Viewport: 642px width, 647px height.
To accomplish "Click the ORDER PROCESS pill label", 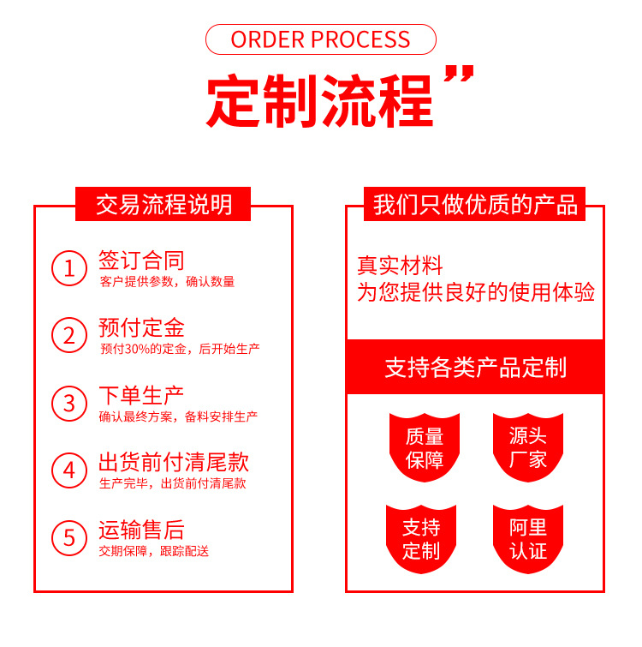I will [321, 39].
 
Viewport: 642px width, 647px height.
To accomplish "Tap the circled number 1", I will [69, 268].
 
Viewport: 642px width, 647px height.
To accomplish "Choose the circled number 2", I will [69, 335].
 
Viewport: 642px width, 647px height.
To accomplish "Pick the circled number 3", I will [69, 403].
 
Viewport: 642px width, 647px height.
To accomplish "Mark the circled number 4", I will [69, 470].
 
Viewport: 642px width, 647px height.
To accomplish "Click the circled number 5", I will [69, 537].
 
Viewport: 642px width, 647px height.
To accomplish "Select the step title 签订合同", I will [141, 261].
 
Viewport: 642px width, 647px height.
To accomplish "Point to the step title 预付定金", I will [141, 327].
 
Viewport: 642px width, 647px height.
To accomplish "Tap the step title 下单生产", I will [141, 395].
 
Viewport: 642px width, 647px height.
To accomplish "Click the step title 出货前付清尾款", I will [174, 463].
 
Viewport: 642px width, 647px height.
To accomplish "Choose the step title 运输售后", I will [141, 530].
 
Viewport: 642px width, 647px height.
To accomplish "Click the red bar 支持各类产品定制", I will [475, 368].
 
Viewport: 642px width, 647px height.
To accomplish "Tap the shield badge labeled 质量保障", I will [425, 446].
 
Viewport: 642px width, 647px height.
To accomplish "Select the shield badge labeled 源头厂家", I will [527, 446].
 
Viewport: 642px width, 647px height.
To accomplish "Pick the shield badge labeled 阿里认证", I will [527, 538].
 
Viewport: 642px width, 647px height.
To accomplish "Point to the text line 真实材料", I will [400, 266].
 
